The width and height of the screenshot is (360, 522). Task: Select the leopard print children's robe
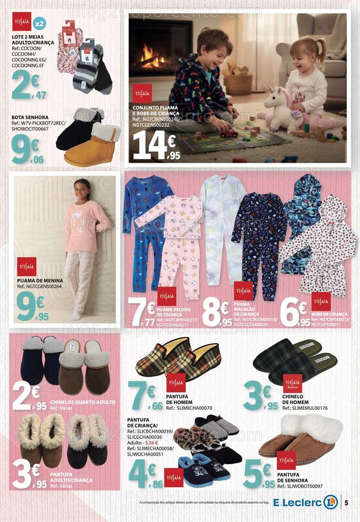tap(319, 246)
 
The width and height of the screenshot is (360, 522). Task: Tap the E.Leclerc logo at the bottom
tap(305, 502)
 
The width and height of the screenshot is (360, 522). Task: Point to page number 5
tap(346, 502)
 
